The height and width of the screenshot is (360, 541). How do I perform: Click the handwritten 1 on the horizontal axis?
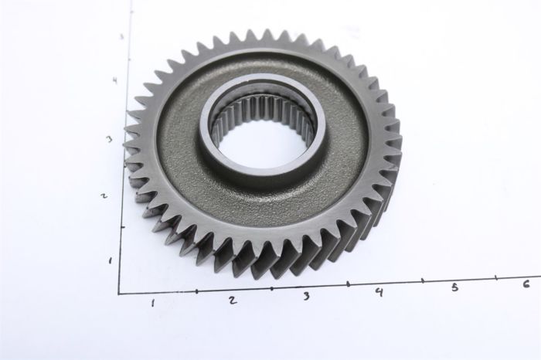coord(153,302)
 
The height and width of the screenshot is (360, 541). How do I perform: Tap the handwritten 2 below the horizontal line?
coord(232,300)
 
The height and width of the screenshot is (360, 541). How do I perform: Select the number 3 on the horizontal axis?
coord(306,296)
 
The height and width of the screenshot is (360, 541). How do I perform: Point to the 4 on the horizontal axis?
coord(379,291)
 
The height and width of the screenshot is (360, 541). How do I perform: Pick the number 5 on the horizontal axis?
coord(454,287)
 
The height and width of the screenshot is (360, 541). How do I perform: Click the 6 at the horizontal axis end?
coord(526,284)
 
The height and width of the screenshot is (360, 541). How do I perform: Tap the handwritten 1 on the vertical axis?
coord(110,260)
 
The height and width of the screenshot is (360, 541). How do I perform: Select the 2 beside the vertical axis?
coord(103,195)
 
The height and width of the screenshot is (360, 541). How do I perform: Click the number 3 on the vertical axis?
coord(110,139)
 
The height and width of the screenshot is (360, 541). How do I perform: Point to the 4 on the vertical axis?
coord(114,80)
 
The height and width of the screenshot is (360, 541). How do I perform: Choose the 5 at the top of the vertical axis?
coord(121,36)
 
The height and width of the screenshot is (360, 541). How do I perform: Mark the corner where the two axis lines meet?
coord(119,294)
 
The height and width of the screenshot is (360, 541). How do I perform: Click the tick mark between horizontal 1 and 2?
coord(196,290)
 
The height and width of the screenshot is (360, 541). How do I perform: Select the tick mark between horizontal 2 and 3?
coord(271,287)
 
